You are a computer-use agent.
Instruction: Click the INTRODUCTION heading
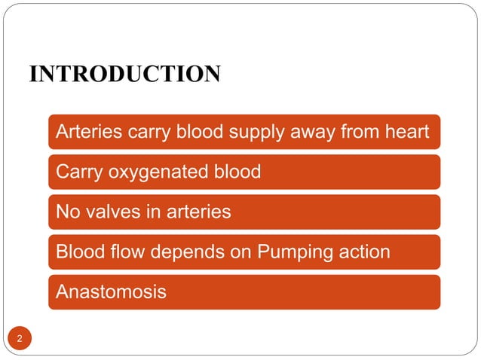tap(124, 75)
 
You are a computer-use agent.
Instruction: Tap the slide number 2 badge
tap(20, 339)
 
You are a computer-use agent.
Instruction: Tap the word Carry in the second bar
tap(79, 172)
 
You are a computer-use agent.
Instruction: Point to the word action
tap(364, 252)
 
